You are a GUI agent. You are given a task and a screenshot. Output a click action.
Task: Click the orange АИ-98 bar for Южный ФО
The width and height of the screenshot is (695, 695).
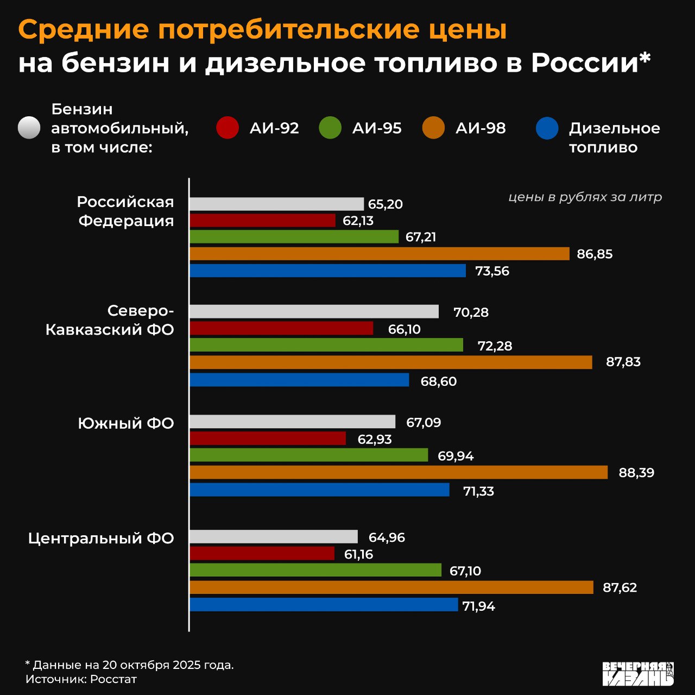(399, 472)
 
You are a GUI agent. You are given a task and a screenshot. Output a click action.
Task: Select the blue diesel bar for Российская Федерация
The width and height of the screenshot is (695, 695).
(327, 271)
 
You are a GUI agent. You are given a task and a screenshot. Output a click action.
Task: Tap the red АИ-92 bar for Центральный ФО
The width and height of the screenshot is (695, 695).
(262, 554)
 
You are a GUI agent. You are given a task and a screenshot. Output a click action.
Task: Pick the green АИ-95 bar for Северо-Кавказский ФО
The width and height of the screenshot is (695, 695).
(326, 345)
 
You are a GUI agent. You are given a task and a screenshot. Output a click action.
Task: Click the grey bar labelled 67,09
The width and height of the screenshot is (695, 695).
(292, 422)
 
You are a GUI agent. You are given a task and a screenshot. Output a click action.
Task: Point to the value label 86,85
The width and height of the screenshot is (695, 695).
(595, 254)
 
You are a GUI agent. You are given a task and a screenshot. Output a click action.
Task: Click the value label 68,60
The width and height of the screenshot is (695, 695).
(439, 381)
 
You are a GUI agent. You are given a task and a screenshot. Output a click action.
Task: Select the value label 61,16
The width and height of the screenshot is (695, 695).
(358, 554)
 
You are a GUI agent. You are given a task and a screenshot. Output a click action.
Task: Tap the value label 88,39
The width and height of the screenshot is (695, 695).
(636, 472)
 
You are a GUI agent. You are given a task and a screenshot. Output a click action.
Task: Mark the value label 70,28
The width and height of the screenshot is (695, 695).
(471, 312)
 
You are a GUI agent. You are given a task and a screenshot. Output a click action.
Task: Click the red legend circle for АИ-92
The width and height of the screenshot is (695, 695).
(228, 128)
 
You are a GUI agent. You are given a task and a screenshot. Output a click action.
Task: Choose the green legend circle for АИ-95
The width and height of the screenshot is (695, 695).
(330, 128)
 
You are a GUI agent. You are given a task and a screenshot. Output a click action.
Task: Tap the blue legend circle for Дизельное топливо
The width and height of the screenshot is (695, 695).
(547, 128)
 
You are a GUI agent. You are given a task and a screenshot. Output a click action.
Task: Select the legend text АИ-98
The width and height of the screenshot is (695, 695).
(481, 128)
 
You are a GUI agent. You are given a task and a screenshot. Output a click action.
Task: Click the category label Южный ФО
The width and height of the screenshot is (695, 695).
(126, 423)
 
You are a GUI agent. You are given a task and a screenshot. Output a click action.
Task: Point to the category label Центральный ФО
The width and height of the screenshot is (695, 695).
(101, 538)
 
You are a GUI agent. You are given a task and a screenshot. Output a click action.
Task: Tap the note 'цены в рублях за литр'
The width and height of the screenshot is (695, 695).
(585, 197)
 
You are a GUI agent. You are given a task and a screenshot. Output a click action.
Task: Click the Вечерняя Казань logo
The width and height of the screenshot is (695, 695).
(638, 674)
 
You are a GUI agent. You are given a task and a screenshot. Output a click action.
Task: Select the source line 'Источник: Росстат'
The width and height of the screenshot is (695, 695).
(81, 679)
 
